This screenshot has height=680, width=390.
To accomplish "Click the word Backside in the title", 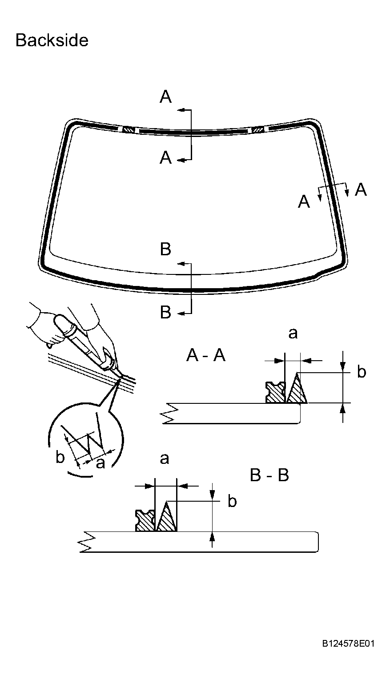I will click(x=52, y=40).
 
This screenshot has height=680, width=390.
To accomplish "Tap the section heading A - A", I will click(x=206, y=356).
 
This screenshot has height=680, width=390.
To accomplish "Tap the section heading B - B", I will click(x=269, y=475).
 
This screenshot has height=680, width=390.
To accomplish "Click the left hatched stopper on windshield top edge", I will click(x=129, y=130).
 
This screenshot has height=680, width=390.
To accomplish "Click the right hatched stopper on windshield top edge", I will click(x=257, y=130).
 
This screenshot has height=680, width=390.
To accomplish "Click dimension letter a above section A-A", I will click(x=293, y=333).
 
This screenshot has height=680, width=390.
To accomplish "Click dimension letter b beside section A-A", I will click(x=362, y=372).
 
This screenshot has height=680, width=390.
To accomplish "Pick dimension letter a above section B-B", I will click(x=165, y=459).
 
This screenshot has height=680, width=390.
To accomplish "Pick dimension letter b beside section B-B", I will click(x=232, y=501).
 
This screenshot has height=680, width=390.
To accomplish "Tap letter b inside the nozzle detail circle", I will click(x=60, y=457).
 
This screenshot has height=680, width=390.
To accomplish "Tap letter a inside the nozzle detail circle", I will click(x=101, y=463).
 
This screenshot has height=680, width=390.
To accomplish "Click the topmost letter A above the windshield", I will click(x=165, y=97).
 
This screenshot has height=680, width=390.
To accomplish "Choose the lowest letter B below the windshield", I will click(x=165, y=313).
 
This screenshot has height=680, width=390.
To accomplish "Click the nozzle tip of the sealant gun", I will click(x=120, y=377).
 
